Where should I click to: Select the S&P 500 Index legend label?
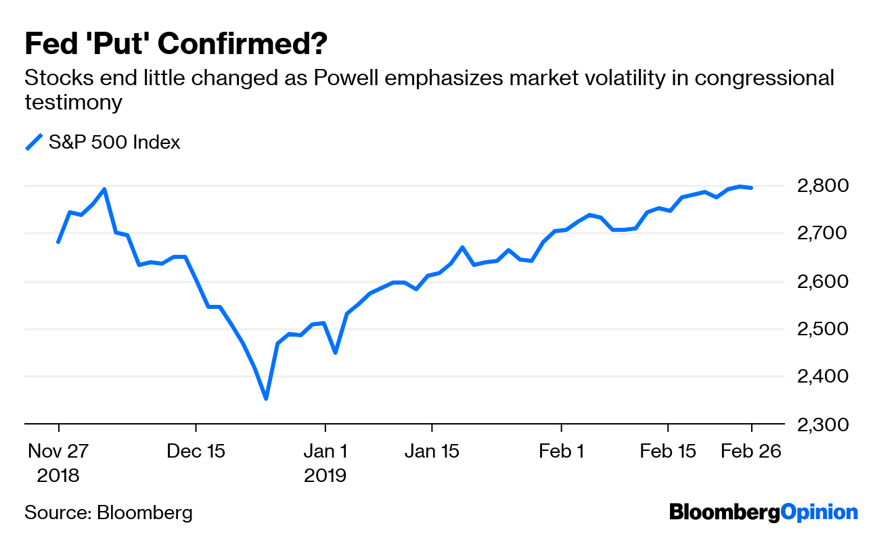pos(114,143)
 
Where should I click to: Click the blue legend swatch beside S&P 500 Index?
pos(34,142)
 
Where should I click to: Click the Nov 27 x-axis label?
pos(58,451)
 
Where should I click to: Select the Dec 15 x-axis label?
pos(196,451)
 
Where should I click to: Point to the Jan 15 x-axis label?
pos(431,451)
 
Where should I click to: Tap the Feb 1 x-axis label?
pos(561,451)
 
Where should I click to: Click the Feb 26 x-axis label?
pos(750,451)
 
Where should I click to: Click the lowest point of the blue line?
pos(266,399)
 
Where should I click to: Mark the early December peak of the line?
pos(104,189)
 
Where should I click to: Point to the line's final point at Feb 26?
pos(751,187)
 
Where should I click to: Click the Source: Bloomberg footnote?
pos(108,512)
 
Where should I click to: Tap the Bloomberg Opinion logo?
pos(763,512)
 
